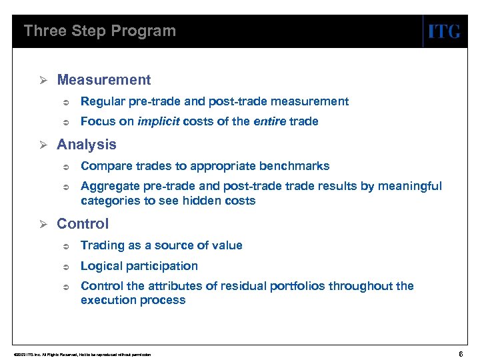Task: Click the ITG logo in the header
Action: click(x=443, y=31)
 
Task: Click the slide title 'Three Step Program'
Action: click(x=100, y=31)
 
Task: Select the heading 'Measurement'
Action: click(x=104, y=80)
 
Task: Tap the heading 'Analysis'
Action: click(x=87, y=145)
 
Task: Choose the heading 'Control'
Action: click(x=83, y=224)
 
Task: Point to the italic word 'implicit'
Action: click(x=157, y=121)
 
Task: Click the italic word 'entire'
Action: click(x=271, y=121)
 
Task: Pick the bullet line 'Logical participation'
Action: click(x=139, y=266)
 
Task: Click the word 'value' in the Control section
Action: click(x=227, y=245)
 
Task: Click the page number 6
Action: click(x=462, y=353)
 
